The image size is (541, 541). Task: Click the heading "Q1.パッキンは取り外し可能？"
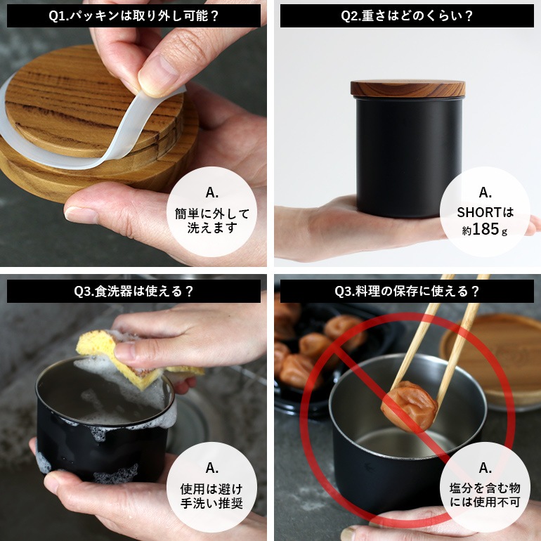[134, 16]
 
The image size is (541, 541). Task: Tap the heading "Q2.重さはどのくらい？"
[407, 16]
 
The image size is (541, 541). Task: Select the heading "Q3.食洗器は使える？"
[134, 291]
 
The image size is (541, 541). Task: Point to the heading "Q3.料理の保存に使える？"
[407, 291]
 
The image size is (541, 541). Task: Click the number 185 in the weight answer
[485, 229]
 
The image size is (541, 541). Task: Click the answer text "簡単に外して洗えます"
[212, 221]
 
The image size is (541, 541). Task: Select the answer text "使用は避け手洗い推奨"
[212, 496]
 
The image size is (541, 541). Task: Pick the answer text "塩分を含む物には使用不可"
[485, 495]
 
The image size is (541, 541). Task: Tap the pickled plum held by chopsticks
[409, 406]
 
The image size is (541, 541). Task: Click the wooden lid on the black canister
[408, 89]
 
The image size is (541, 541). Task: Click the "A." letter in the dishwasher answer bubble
[212, 468]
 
